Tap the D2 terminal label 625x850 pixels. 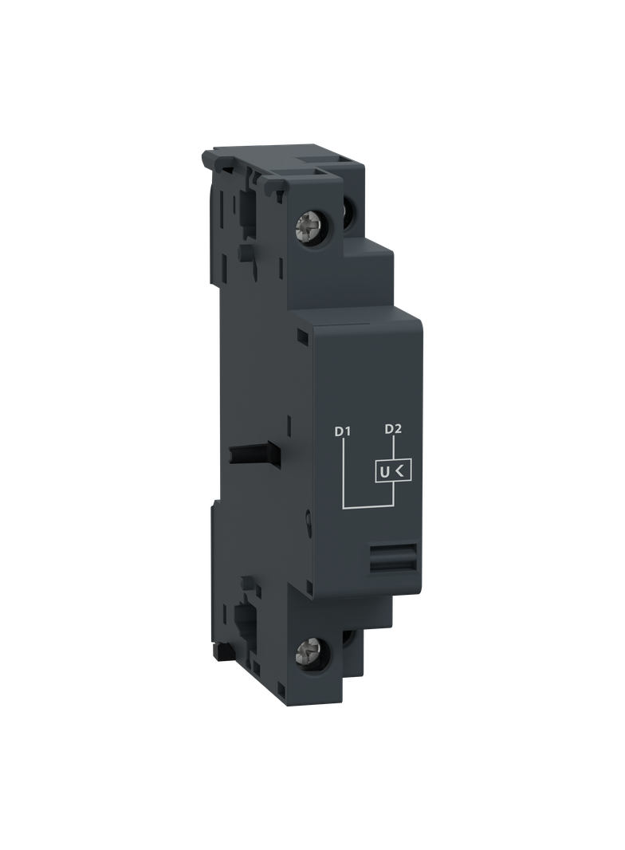point(392,430)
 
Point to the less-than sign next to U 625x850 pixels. point(401,472)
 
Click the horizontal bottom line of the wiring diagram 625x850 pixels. point(368,506)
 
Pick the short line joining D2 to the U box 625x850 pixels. point(392,449)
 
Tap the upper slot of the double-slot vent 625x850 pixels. point(394,549)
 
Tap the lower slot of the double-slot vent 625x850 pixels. point(394,564)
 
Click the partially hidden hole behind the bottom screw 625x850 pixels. point(349,637)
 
